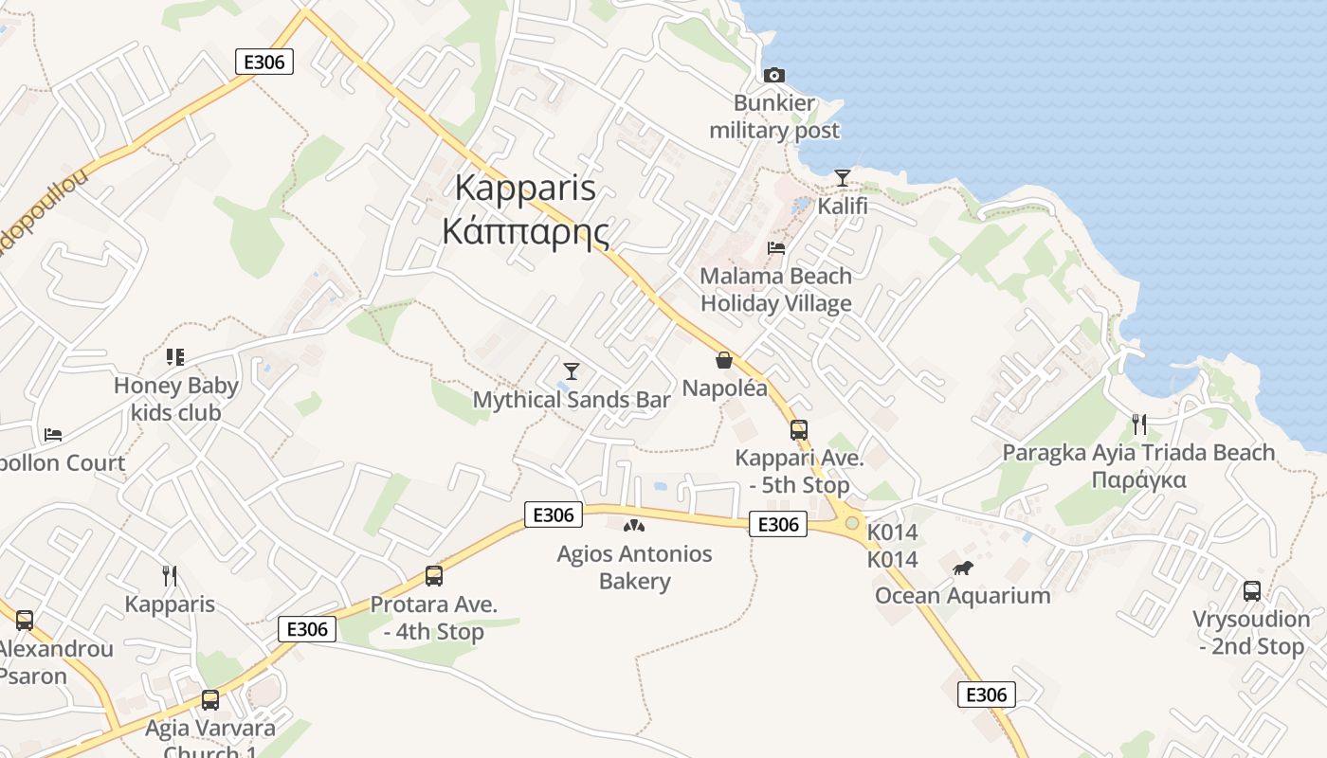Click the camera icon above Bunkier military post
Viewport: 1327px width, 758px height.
[x=774, y=75]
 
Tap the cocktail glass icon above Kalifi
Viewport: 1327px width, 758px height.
[x=842, y=177]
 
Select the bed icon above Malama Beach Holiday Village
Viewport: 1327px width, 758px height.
[x=776, y=248]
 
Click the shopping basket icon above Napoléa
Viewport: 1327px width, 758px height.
[x=724, y=360]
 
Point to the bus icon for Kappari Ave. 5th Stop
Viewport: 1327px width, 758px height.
[x=799, y=430]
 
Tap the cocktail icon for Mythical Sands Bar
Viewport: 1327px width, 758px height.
[x=571, y=370]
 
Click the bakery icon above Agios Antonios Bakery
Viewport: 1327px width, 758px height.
[x=634, y=525]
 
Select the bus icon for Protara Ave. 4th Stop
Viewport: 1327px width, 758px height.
[x=434, y=576]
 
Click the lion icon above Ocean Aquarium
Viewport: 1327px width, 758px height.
[x=963, y=568]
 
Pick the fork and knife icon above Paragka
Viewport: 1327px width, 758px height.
[x=1139, y=424]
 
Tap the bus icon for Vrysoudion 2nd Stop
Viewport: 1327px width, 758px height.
[x=1252, y=591]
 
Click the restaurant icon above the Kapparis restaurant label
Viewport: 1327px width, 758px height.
[x=170, y=576]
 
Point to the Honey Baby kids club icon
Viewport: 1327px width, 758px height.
[x=174, y=357]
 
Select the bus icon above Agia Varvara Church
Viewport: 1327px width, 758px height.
[x=210, y=700]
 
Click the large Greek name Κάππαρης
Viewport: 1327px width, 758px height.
[x=526, y=231]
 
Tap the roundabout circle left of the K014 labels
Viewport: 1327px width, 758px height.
[x=852, y=523]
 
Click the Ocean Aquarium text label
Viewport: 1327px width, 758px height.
[x=962, y=596]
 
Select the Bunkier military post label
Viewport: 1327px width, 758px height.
[x=774, y=117]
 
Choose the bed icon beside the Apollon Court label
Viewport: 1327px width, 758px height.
[x=53, y=435]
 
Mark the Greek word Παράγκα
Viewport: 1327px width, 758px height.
[x=1138, y=479]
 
